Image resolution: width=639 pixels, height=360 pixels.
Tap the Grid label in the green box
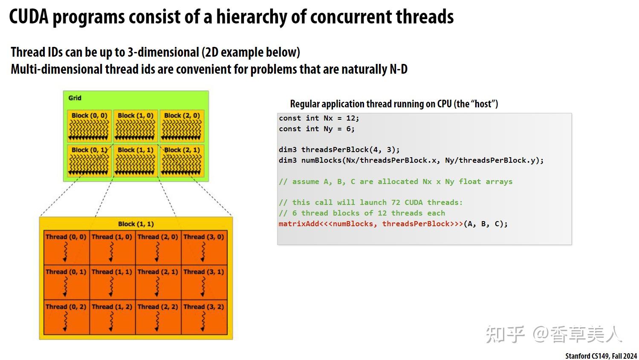point(75,98)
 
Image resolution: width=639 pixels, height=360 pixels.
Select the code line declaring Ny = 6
point(316,129)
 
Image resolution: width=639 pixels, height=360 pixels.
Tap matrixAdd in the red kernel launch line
point(298,224)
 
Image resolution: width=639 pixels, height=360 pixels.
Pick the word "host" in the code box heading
point(483,104)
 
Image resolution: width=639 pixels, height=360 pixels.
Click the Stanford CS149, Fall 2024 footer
point(601,356)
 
